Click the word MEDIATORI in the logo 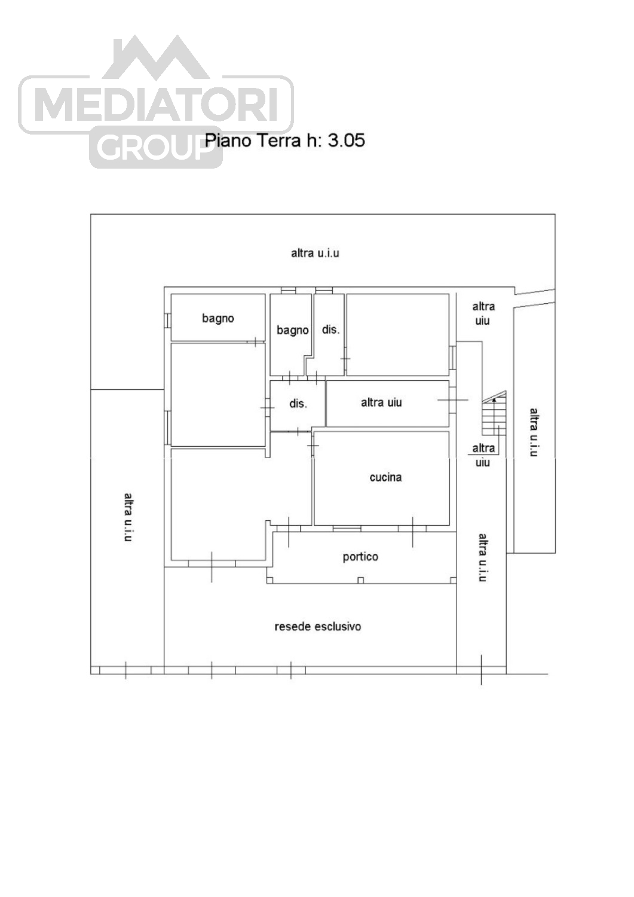coord(157,105)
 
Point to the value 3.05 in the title coord(347,141)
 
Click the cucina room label coord(385,477)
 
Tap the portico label coord(360,557)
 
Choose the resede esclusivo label coord(318,627)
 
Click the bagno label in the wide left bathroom coord(218,318)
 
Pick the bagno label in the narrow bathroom coord(293,330)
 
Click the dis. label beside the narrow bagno coord(330,330)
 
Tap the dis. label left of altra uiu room coord(298,404)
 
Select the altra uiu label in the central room coord(381,402)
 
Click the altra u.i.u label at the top coord(315,253)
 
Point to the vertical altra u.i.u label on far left coord(128,517)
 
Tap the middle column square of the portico coord(360,580)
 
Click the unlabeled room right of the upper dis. coord(397,335)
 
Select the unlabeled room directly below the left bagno coord(218,394)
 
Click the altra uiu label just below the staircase coord(483,455)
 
